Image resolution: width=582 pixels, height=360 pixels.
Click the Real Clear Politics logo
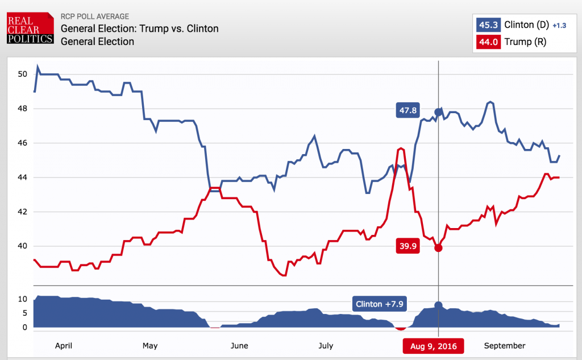point(30,28)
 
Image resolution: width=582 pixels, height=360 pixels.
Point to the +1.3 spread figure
point(560,26)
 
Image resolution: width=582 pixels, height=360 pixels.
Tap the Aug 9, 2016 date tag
point(433,346)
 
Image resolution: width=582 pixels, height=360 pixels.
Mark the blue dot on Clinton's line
point(438,111)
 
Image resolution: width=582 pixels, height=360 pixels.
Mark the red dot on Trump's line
point(438,247)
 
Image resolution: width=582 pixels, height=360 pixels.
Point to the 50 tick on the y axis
point(22,74)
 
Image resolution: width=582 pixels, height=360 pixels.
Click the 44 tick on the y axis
point(22,177)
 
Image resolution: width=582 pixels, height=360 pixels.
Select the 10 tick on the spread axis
point(23,299)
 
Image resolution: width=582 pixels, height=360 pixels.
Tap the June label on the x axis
point(240,345)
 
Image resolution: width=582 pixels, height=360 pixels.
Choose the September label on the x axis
point(504,345)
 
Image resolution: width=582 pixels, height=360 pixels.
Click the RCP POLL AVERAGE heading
point(94,16)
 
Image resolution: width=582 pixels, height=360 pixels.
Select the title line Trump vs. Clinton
point(139,28)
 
